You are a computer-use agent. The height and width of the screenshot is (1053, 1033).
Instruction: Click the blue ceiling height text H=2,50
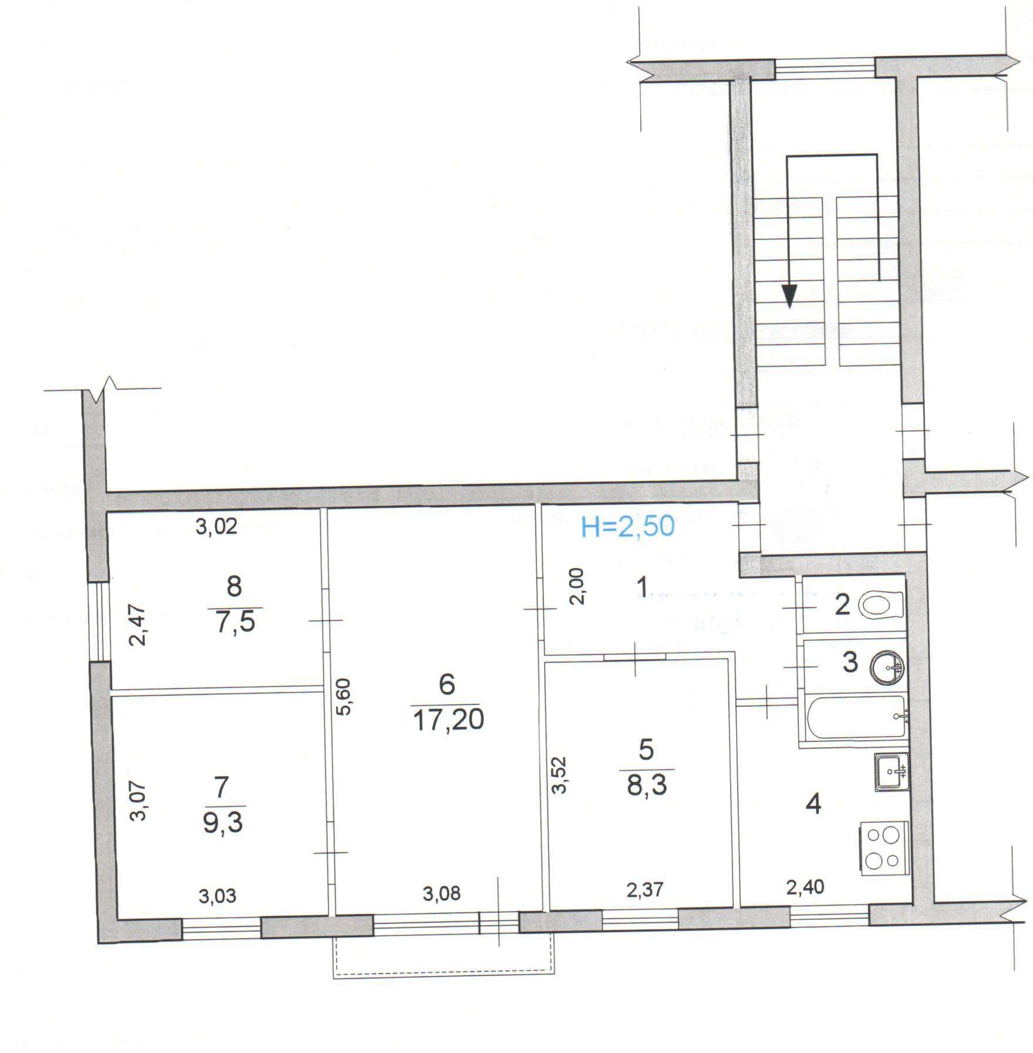pos(627,527)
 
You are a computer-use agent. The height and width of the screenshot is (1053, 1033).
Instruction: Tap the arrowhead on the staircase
pos(790,296)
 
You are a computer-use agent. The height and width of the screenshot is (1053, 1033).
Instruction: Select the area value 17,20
pos(448,720)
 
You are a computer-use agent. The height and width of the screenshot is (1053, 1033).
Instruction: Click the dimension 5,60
pos(344,696)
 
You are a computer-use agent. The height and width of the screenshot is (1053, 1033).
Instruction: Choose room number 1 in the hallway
pos(643,586)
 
